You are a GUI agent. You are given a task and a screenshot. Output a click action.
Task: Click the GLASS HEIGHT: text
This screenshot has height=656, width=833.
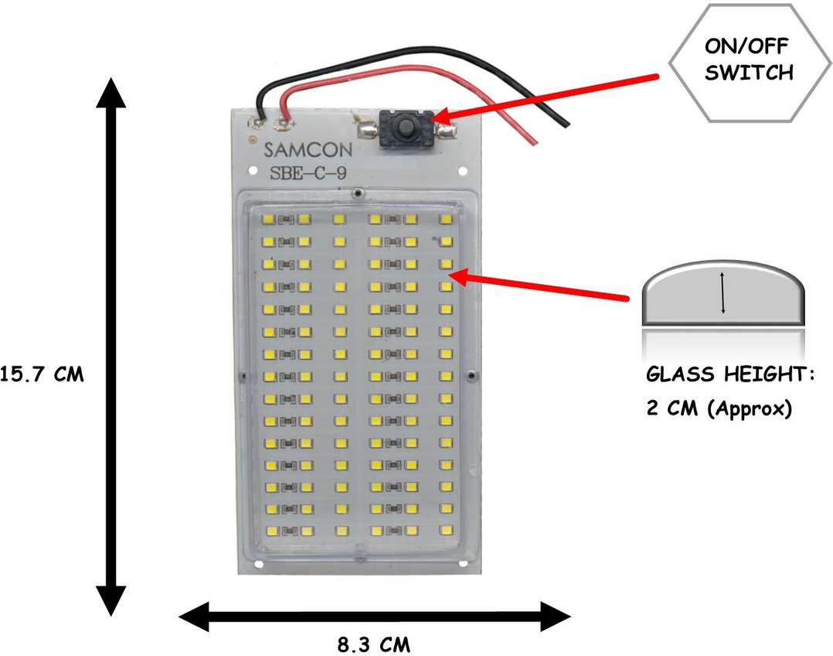[730, 376]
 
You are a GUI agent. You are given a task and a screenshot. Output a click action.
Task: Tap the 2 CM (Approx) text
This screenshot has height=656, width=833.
[719, 408]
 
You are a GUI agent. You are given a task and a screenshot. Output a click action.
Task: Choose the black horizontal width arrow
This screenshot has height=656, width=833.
[375, 617]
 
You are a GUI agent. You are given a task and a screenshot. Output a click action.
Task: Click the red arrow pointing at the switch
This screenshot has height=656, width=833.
[541, 96]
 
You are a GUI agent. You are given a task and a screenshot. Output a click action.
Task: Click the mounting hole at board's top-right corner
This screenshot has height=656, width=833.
[462, 170]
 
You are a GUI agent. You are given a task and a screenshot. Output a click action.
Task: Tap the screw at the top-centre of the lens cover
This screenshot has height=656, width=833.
[357, 190]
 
